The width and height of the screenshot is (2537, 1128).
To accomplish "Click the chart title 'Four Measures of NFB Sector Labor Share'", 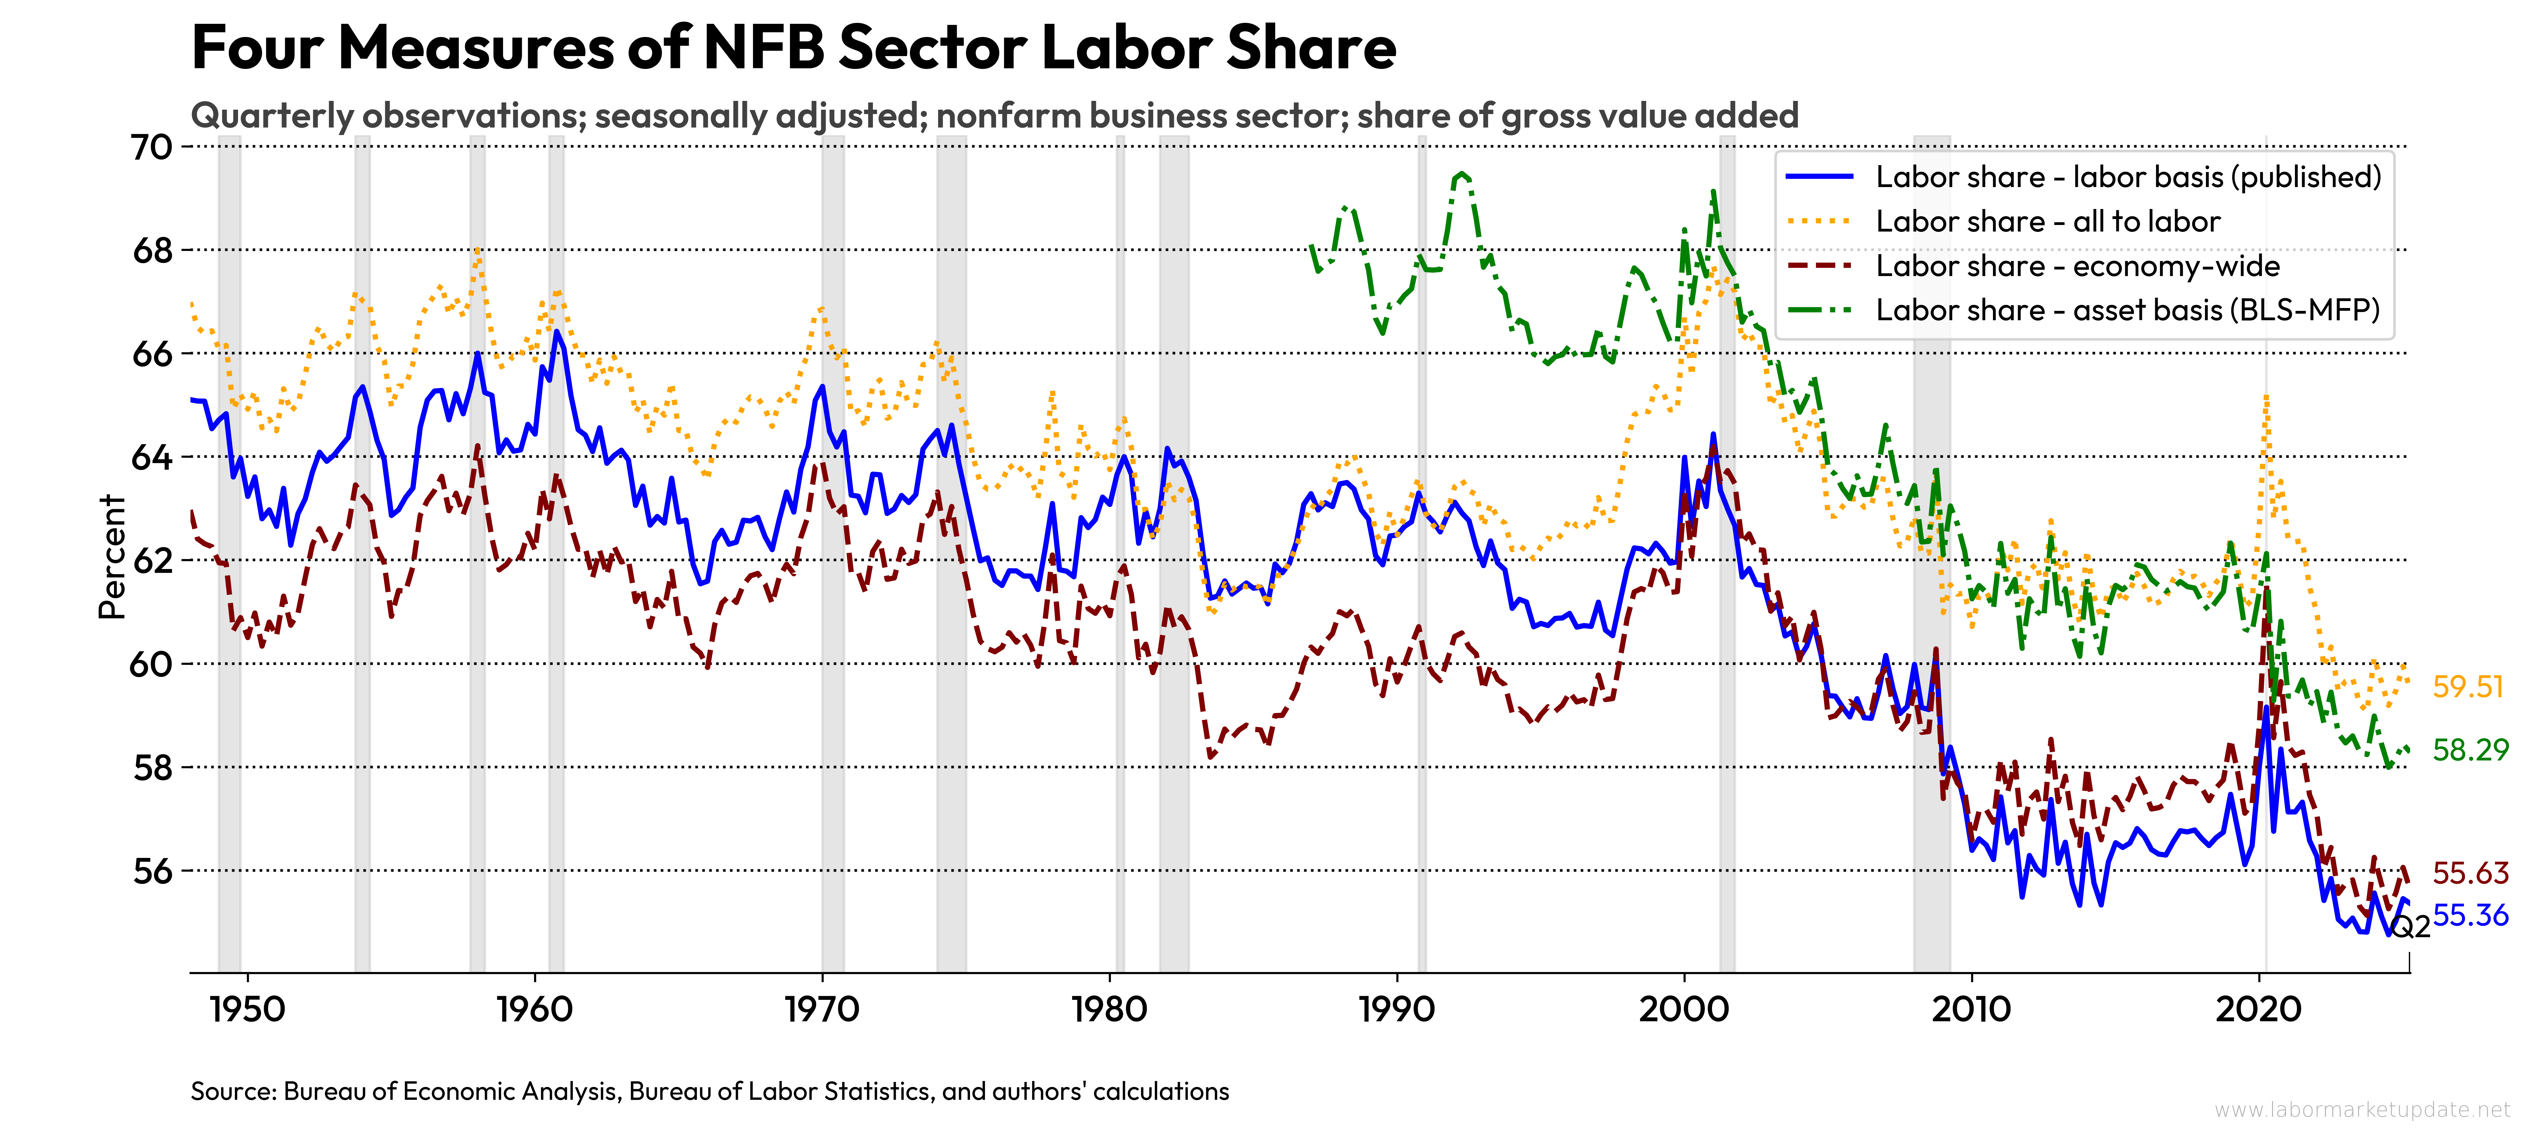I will (x=793, y=47).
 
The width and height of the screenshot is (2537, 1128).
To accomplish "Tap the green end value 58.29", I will (x=2470, y=750).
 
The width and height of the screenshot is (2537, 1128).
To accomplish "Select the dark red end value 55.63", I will (x=2470, y=873).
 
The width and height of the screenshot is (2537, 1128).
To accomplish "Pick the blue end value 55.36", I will (x=2470, y=915).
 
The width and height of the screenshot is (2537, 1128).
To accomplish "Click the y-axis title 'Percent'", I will (x=113, y=556).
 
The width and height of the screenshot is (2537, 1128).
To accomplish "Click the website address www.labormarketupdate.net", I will (x=2362, y=1109).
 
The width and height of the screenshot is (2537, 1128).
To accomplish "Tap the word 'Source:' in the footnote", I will (x=233, y=1092).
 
